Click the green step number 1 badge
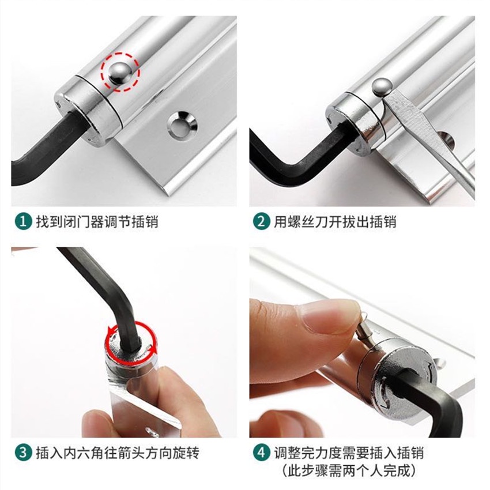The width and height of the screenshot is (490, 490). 24,221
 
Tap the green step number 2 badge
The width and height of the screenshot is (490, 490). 262,221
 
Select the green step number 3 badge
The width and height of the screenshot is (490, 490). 24,453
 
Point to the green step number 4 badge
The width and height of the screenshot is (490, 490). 262,453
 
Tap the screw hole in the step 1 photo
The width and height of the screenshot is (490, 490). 182,125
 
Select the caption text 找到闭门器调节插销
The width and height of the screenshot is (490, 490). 97,221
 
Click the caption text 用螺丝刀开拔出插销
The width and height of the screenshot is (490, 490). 335,221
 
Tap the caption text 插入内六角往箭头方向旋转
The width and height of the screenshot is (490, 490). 118,453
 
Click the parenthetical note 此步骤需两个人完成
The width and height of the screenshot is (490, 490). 349,470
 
